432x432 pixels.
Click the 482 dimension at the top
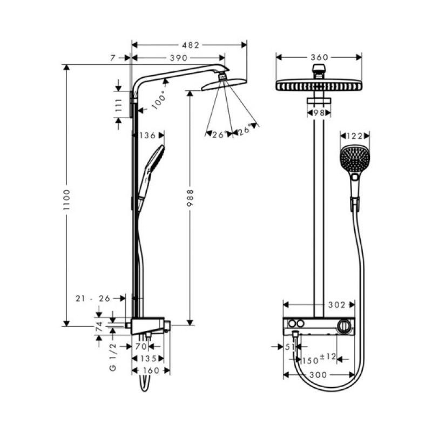[190, 45]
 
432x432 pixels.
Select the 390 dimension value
[178, 58]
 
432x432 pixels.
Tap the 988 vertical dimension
[190, 199]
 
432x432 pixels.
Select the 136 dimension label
[147, 135]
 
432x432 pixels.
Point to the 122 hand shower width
[354, 136]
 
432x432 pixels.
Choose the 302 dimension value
[336, 305]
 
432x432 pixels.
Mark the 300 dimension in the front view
[319, 375]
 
